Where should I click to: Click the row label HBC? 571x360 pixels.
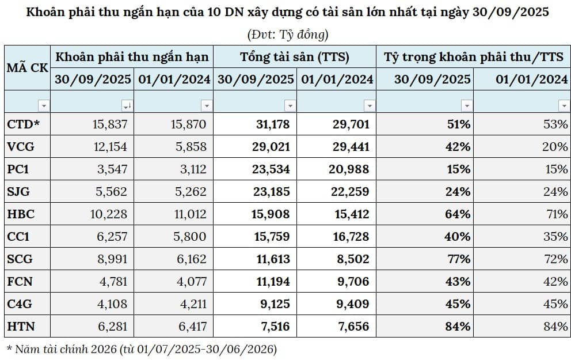click(21, 214)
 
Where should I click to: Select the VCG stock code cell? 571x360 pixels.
click(21, 146)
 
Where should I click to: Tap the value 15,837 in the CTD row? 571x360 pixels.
click(109, 124)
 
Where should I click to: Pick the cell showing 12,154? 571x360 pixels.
click(109, 146)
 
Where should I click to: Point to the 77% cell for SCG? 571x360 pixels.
click(458, 259)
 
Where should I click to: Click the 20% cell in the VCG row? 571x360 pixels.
click(556, 146)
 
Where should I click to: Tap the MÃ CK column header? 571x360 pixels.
click(27, 67)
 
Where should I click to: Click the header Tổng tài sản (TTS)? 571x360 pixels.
click(295, 56)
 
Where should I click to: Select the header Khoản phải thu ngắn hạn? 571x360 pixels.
click(132, 56)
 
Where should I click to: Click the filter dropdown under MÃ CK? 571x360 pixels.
click(43, 105)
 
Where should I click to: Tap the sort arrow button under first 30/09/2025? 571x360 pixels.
click(126, 105)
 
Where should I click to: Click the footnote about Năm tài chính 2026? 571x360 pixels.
click(141, 348)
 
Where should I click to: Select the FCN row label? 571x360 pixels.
click(21, 282)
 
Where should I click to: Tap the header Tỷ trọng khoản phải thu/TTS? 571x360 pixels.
click(474, 56)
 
